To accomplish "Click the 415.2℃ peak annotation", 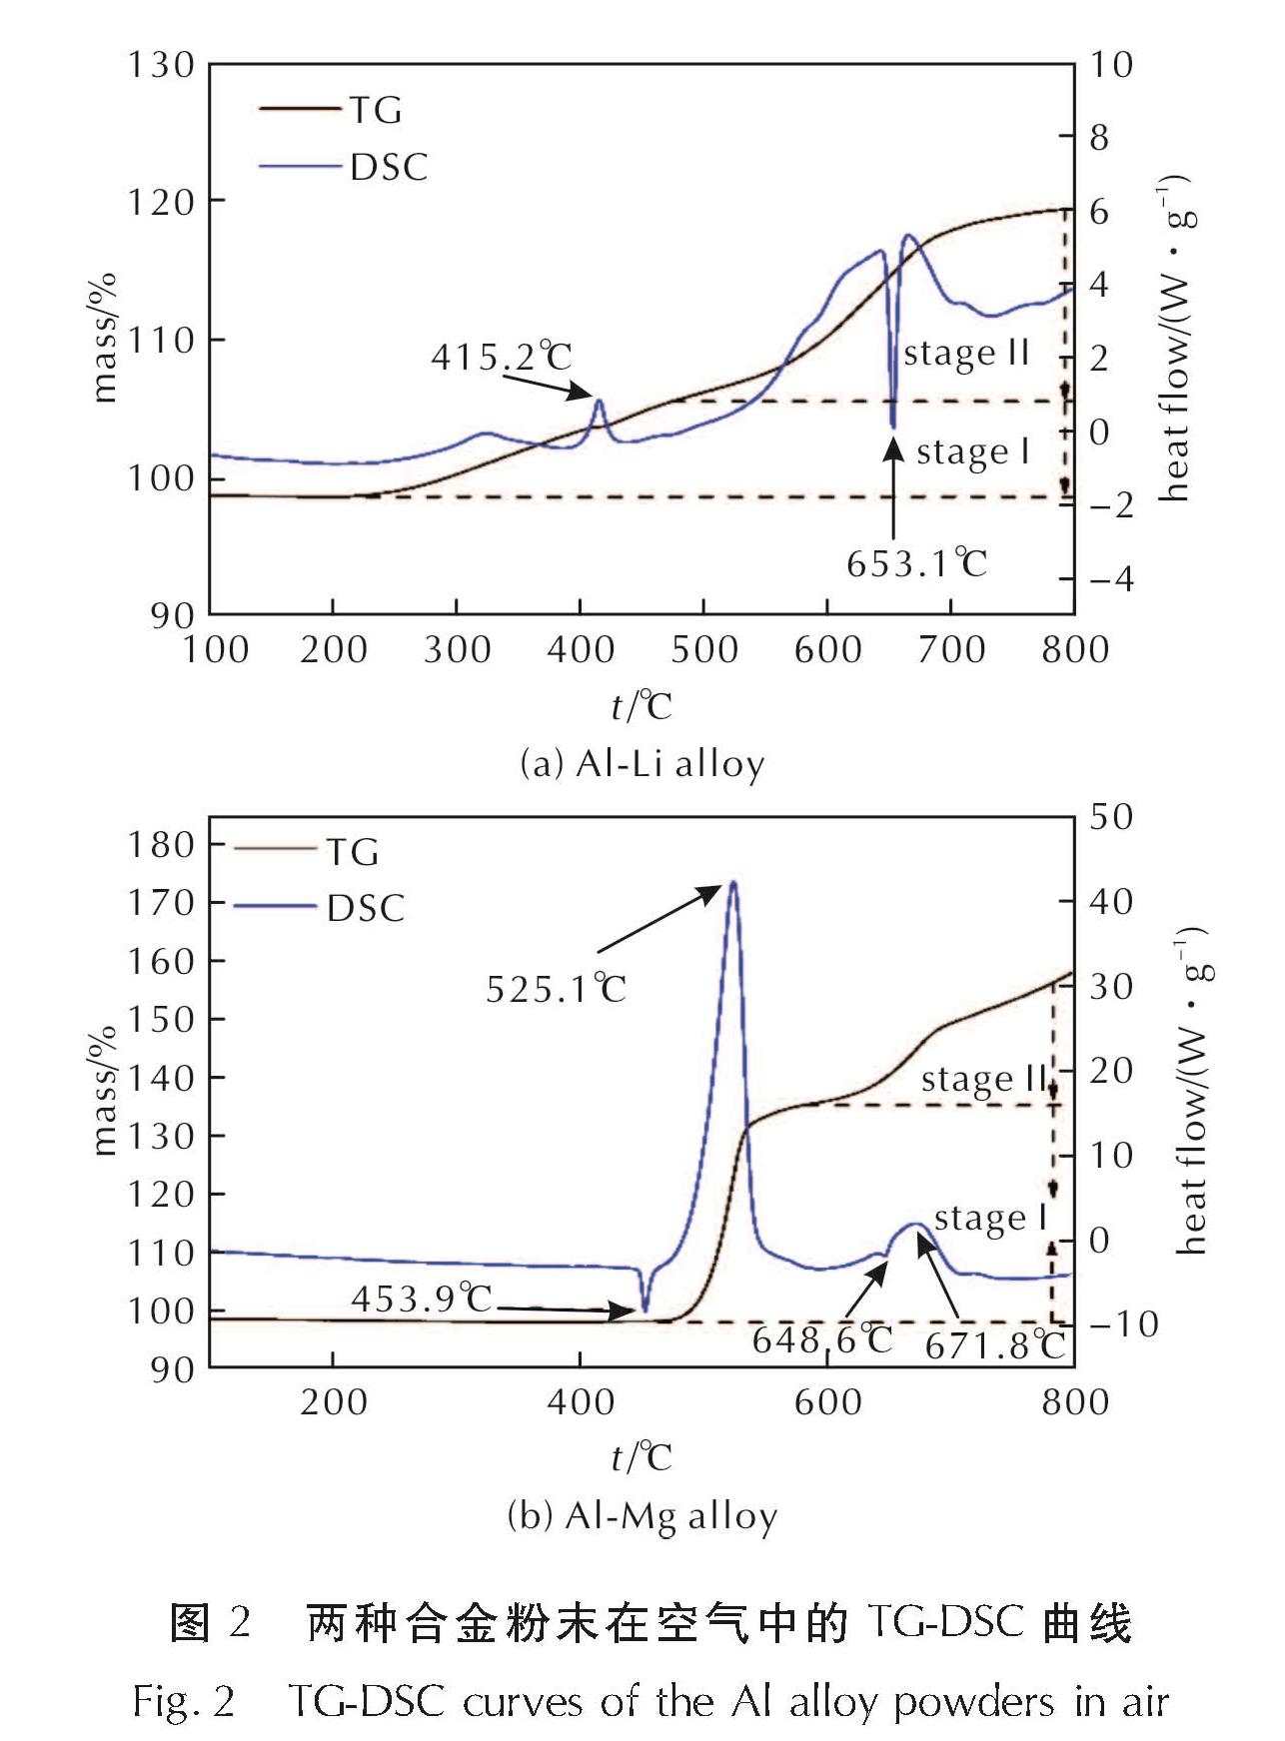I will [x=502, y=357].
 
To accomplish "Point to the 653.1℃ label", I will [x=916, y=564].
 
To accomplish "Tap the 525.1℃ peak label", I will [x=556, y=990].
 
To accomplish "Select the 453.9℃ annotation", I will [x=422, y=1299].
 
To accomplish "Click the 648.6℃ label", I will [x=821, y=1340].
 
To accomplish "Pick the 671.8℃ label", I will [x=994, y=1346].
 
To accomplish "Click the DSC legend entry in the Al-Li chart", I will [x=388, y=167].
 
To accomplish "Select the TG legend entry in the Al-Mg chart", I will [x=352, y=852].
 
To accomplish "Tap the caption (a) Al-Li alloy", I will [x=642, y=764].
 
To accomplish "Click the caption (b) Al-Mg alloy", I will [x=642, y=1516].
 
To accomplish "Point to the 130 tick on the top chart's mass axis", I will [x=160, y=65].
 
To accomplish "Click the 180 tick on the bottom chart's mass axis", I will [x=160, y=845].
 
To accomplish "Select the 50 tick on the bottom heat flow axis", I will [x=1111, y=817].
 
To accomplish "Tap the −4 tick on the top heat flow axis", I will [x=1111, y=579].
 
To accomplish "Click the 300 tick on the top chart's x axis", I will [x=457, y=650].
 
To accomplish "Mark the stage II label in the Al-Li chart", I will [x=966, y=354].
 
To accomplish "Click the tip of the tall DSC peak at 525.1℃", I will [x=733, y=882].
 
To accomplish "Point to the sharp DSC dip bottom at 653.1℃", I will [x=892, y=427].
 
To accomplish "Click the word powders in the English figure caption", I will [x=973, y=1701].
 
